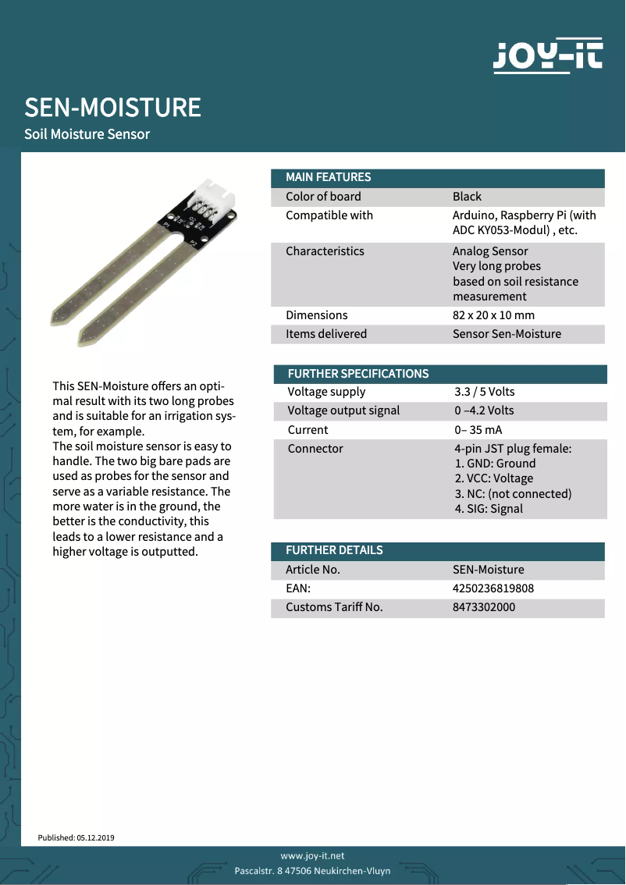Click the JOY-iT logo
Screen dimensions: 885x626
tap(548, 55)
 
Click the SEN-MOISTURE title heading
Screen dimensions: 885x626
tap(112, 108)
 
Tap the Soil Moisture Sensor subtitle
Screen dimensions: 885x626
tap(87, 134)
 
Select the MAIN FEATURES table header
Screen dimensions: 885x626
tap(329, 177)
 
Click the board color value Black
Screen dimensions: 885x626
tap(467, 197)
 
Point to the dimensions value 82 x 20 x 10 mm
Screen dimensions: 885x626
tap(493, 315)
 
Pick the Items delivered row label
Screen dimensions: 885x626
tap(326, 334)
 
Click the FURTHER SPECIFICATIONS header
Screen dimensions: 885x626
tap(358, 374)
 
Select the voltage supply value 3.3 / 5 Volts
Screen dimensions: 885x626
tap(485, 392)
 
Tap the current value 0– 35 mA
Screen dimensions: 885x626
tap(478, 430)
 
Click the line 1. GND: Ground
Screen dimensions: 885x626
tap(495, 464)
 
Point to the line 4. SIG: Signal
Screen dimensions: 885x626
tap(489, 509)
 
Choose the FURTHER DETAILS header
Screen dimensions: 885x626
tap(334, 550)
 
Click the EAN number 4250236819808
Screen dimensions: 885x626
tap(493, 588)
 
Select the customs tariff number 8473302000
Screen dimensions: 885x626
tap(484, 607)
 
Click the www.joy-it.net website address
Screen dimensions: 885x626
tap(312, 856)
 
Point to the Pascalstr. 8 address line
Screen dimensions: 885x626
tap(312, 871)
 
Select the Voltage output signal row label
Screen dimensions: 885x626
tap(343, 411)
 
